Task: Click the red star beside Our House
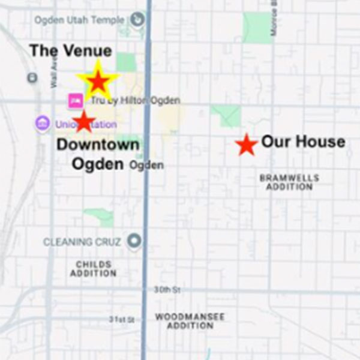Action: click(246, 145)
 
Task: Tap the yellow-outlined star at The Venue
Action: click(97, 80)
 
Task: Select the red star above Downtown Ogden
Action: click(84, 121)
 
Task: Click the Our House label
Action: click(303, 142)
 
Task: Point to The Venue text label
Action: click(71, 51)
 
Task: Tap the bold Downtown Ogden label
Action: click(98, 154)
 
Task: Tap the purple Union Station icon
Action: click(42, 124)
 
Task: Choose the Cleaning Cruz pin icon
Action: click(134, 242)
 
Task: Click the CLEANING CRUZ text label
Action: click(82, 242)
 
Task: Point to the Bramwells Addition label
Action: click(289, 182)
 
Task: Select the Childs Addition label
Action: click(94, 269)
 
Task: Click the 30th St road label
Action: click(168, 290)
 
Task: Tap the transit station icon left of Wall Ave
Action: click(32, 77)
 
